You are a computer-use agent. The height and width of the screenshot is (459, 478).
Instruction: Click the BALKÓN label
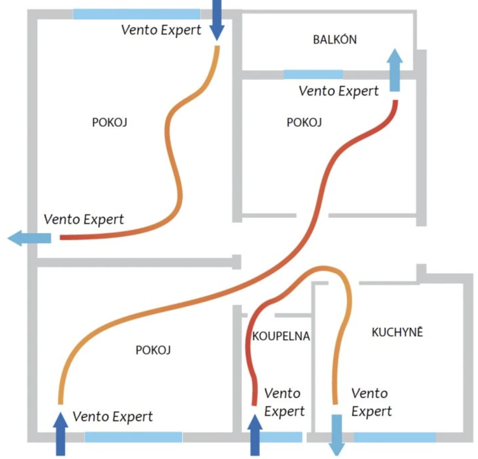point(335,40)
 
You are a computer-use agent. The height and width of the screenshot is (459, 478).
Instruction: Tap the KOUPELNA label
point(281,336)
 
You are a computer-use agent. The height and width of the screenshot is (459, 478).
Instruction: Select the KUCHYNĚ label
point(397,332)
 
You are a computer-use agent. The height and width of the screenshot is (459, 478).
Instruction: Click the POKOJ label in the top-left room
point(109,122)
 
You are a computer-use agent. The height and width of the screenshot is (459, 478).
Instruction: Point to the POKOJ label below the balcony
point(304,122)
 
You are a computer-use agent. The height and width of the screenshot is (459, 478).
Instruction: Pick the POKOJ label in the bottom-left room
point(153,350)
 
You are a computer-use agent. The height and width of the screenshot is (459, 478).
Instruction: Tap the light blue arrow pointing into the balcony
point(395,70)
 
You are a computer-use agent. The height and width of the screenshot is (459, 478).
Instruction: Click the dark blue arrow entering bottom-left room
point(61,434)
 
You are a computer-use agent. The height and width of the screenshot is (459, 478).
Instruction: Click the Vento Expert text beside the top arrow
point(161,30)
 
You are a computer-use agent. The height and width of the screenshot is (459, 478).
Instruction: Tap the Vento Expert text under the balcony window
point(338,91)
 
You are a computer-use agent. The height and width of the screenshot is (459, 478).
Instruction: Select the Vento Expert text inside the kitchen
point(371,402)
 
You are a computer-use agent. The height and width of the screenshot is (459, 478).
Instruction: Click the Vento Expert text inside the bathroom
point(284,402)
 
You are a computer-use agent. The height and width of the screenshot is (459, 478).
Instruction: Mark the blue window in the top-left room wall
point(137,14)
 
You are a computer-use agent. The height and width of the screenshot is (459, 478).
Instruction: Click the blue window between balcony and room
point(313,74)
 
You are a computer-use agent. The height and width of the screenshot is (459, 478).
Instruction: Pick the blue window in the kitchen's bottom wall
point(395,437)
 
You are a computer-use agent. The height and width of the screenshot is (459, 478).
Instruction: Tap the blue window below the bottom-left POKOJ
point(133,437)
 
